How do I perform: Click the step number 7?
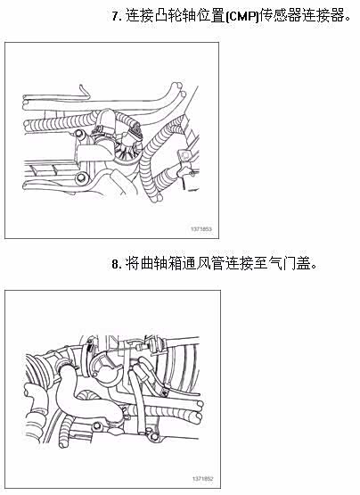pos(116,16)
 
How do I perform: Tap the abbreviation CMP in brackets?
pos(242,16)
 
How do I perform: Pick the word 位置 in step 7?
pos(211,16)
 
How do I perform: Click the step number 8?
pos(116,264)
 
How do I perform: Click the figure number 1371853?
pos(201,228)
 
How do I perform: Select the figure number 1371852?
pos(202,479)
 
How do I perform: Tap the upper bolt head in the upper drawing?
pos(79,134)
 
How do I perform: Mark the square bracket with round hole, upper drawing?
pos(184,155)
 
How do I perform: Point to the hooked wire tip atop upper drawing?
pos(83,90)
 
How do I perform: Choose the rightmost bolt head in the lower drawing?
pos(153,437)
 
